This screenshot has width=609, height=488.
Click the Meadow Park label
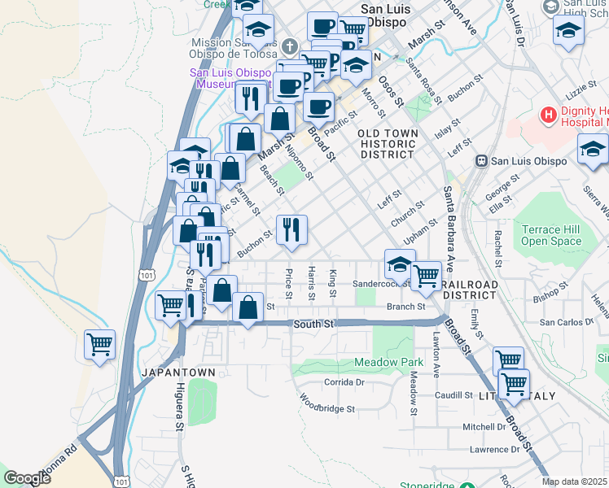point(389,362)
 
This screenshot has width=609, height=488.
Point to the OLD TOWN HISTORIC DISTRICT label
point(388,144)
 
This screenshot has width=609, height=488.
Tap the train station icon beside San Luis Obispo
point(482,160)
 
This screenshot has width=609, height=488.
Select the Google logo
point(28,478)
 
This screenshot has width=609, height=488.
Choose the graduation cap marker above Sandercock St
point(400,264)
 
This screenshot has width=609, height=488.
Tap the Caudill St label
point(453,395)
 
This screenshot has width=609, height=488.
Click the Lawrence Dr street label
point(493,449)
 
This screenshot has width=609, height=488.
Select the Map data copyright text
point(574,481)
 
